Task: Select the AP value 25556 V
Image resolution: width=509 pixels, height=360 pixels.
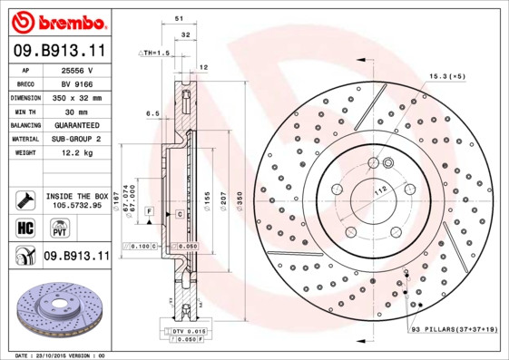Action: (x=77, y=71)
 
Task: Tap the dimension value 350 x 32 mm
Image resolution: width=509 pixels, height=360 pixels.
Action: (x=77, y=97)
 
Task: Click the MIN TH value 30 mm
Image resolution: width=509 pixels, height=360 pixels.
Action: (x=77, y=111)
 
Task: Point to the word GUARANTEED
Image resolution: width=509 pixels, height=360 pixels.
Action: (x=77, y=124)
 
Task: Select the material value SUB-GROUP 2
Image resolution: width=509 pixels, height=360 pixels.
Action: (x=77, y=139)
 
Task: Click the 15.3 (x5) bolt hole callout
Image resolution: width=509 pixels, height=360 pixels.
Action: (x=446, y=76)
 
